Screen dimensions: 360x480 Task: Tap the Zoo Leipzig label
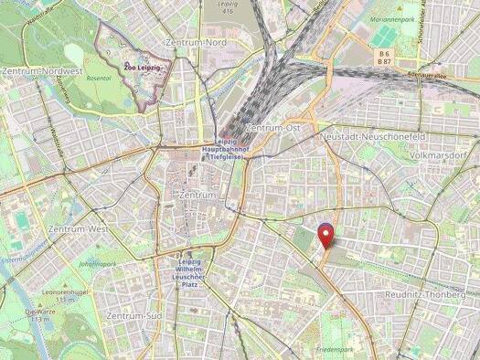click(x=144, y=66)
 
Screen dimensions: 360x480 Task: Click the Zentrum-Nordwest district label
click(x=42, y=70)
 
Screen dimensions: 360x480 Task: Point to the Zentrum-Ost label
click(x=272, y=128)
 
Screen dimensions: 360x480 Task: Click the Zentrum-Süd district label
click(x=134, y=315)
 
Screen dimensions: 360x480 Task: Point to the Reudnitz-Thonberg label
click(x=426, y=294)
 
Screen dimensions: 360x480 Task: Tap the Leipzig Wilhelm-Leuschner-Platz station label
click(x=191, y=273)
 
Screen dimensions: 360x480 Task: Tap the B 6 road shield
click(x=386, y=54)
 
